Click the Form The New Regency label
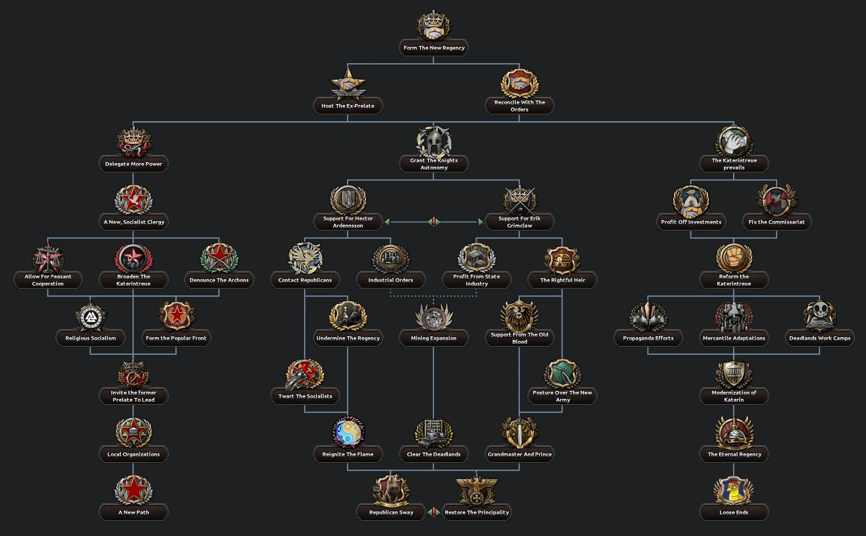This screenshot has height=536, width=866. pos(433,48)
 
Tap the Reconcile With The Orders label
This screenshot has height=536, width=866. pos(519,106)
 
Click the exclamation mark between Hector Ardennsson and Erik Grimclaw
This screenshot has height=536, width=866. pos(433,222)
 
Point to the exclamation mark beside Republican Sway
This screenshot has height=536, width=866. pos(433,512)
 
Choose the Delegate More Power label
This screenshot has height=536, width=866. pos(133,164)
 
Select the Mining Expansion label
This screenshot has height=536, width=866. pos(433,338)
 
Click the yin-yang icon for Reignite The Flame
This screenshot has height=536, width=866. pos(348,432)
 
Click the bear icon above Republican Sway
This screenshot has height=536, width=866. pos(391,490)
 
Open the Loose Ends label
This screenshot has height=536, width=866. pos(734,512)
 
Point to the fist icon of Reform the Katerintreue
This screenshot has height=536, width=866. pos(734,258)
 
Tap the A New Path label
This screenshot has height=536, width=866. pos(133,512)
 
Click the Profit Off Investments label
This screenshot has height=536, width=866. pos(691,222)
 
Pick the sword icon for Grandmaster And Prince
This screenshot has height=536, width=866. pos(519,432)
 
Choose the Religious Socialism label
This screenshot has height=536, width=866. pos(90,338)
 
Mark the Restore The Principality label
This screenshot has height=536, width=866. pos(477,512)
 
